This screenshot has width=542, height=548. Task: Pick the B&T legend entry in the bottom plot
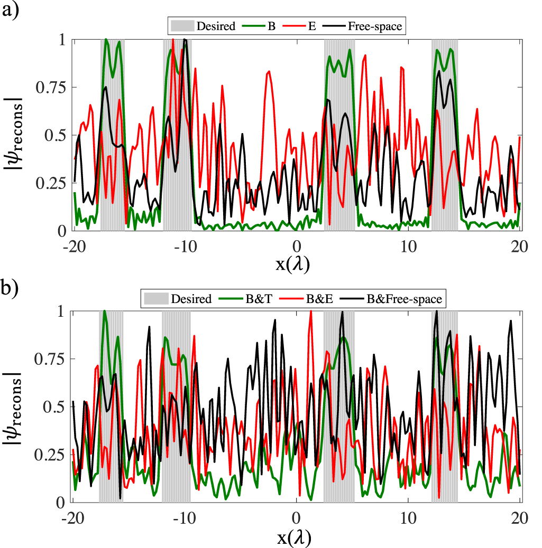251,299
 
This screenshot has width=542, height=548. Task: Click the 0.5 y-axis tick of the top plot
57,135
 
